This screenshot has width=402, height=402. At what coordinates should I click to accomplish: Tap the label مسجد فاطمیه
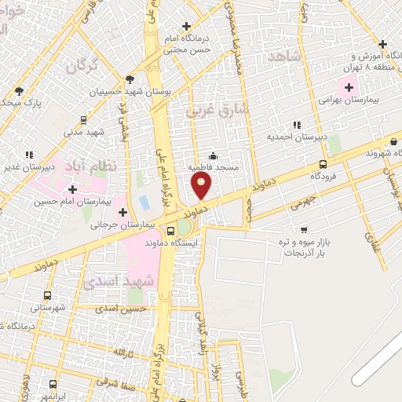click(211, 167)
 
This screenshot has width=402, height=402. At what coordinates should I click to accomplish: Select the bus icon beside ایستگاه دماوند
click(170, 231)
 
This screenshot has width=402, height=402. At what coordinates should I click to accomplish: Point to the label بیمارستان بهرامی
click(349, 100)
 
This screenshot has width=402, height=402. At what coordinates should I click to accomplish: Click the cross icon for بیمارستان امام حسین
click(72, 189)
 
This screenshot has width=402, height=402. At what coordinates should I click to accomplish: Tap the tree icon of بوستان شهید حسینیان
click(130, 79)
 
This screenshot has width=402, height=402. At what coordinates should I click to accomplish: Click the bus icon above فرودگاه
click(323, 164)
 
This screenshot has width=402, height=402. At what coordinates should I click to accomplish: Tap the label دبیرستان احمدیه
click(298, 137)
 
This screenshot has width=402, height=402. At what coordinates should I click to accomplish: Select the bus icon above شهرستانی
click(48, 296)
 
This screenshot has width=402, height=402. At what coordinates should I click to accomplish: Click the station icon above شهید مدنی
click(83, 120)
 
